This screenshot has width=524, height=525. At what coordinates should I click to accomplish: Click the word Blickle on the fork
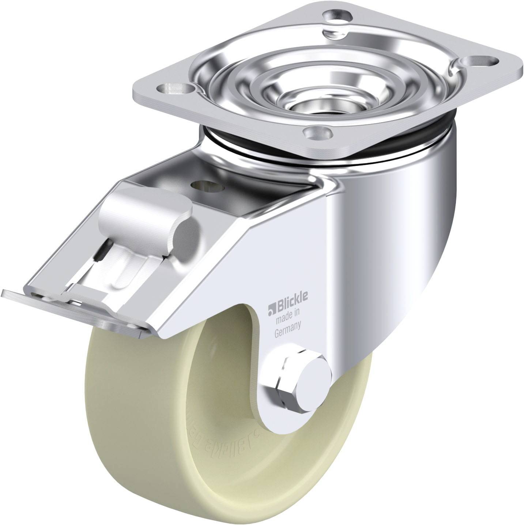(x=291, y=298)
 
